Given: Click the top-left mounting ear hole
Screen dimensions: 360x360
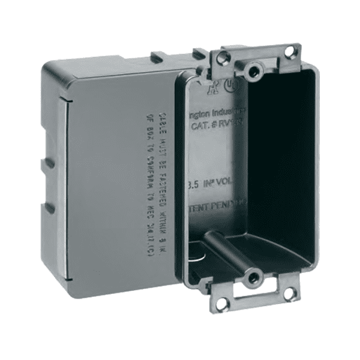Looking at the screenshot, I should click(223, 58).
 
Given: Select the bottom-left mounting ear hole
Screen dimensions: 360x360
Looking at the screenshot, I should click(221, 304).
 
